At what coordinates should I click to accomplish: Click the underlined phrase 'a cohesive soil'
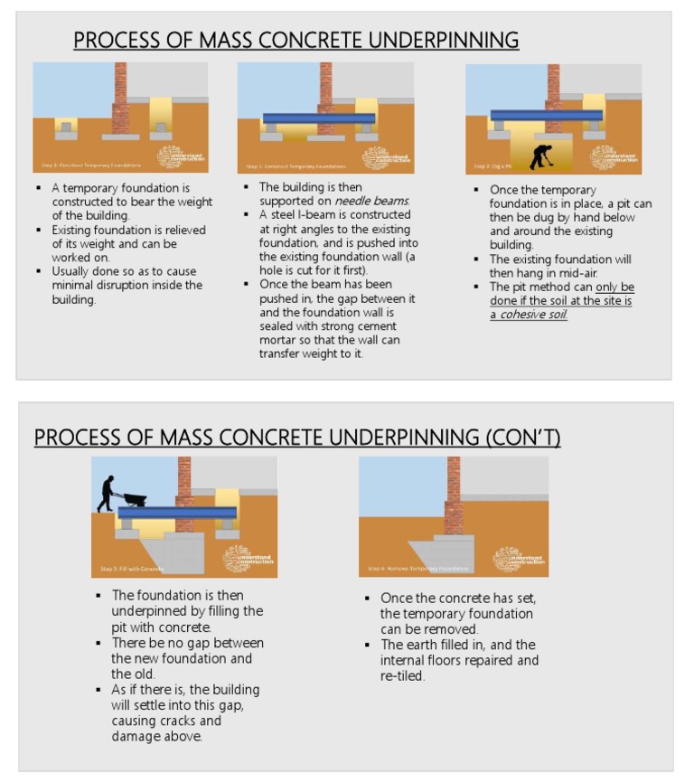point(530,315)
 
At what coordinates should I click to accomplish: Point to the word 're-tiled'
point(403,675)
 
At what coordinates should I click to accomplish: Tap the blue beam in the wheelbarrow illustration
point(177,513)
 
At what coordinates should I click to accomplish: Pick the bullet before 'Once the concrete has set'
point(369,599)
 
